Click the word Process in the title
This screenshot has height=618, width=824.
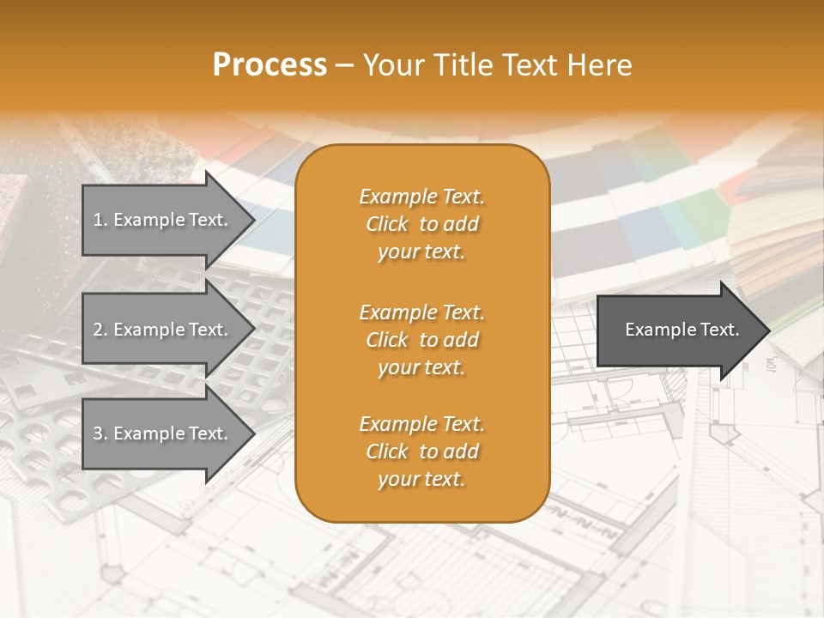pyautogui.click(x=270, y=65)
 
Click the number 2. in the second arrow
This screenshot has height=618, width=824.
pyautogui.click(x=100, y=330)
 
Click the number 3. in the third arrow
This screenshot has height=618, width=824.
pyautogui.click(x=100, y=433)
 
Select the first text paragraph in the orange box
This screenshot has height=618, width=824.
pyautogui.click(x=421, y=224)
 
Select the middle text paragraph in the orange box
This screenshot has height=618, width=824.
pyautogui.click(x=421, y=340)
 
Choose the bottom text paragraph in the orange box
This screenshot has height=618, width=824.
pyautogui.click(x=421, y=451)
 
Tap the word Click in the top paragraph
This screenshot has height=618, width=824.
pyautogui.click(x=387, y=225)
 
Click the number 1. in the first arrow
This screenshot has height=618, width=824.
pyautogui.click(x=100, y=220)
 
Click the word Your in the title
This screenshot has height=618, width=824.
pyautogui.click(x=391, y=65)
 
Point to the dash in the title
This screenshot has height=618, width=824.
pyautogui.click(x=345, y=66)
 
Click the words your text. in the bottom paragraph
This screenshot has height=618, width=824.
pyautogui.click(x=421, y=480)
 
